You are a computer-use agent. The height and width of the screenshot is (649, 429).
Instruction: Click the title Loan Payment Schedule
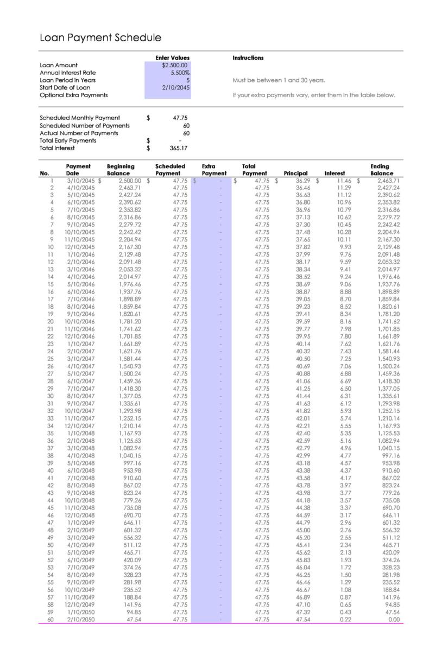point(100,37)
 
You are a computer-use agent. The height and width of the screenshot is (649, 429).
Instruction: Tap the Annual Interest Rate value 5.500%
point(179,73)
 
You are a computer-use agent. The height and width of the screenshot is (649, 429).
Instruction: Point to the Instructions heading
point(248,58)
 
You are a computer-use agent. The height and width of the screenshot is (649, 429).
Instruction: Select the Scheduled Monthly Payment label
point(80,118)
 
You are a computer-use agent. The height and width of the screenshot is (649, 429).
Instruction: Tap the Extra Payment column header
point(214,170)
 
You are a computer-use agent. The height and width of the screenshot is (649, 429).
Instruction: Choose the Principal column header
point(296,174)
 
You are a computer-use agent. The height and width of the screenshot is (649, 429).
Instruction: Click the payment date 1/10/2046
point(81,254)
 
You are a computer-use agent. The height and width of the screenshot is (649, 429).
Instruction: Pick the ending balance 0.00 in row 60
point(390,619)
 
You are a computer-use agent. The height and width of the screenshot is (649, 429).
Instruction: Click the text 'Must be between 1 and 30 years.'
point(279,80)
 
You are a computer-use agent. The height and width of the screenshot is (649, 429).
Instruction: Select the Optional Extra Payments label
point(74,95)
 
